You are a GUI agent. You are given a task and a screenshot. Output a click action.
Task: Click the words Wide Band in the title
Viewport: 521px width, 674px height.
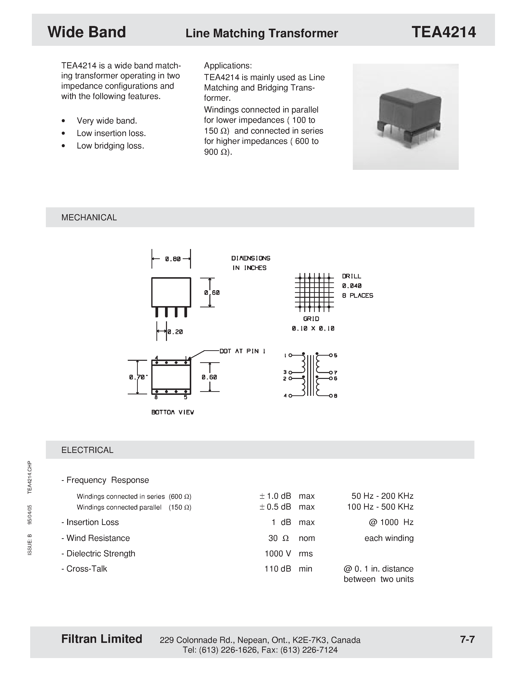tap(87, 32)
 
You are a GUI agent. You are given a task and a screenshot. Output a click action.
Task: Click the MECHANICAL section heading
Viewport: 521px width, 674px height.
tap(89, 218)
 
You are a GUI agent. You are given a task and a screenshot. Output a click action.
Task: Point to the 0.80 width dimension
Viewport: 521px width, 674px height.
tap(173, 259)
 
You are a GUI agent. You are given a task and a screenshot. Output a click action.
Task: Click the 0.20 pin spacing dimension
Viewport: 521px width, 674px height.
tap(175, 332)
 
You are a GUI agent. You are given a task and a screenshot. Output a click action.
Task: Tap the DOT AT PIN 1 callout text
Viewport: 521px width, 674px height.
tap(242, 351)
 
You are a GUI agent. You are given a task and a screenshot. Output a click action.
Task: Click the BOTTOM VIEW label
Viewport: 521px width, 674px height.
tap(173, 412)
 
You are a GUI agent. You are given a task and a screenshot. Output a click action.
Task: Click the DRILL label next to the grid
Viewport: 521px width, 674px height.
tap(351, 276)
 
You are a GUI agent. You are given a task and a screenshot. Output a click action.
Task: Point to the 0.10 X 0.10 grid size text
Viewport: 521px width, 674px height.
tap(313, 328)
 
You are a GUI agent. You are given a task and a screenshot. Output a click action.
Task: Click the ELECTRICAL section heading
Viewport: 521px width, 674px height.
tap(87, 450)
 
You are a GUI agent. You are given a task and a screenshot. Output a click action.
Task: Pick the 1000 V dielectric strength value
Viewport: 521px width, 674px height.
tap(278, 553)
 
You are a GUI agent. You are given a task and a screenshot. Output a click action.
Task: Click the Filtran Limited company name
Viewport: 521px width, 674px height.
tap(102, 639)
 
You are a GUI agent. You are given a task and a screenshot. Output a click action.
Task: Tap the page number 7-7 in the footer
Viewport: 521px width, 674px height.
tap(467, 639)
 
